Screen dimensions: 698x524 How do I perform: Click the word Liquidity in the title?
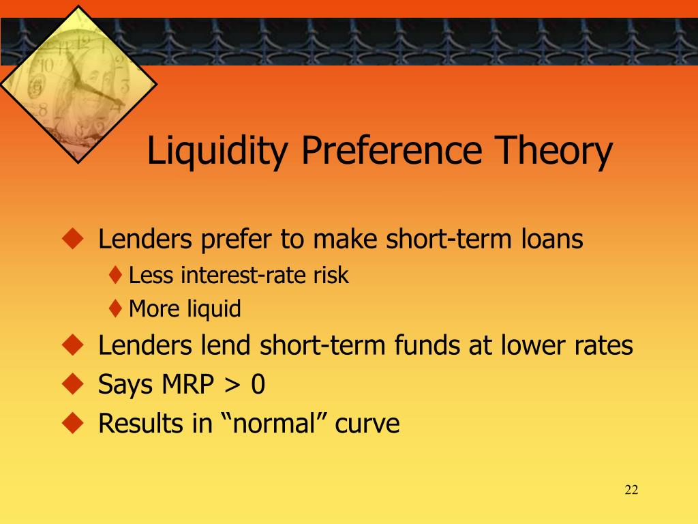pyautogui.click(x=217, y=151)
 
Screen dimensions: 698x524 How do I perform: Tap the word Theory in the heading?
pyautogui.click(x=553, y=151)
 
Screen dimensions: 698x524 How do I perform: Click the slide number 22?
pyautogui.click(x=631, y=490)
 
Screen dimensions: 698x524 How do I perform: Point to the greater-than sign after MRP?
pyautogui.click(x=232, y=385)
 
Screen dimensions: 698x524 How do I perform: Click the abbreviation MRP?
pyautogui.click(x=188, y=383)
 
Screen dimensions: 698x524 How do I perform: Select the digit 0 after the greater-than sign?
pyautogui.click(x=258, y=384)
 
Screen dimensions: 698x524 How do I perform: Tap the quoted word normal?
pyautogui.click(x=274, y=423)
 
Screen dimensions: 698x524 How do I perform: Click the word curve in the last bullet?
pyautogui.click(x=367, y=424)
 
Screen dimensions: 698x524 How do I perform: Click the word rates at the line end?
pyautogui.click(x=603, y=346)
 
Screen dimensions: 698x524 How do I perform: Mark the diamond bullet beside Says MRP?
pyautogui.click(x=73, y=384)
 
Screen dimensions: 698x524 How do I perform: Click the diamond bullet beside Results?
pyautogui.click(x=73, y=423)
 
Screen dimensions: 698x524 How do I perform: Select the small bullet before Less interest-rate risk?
pyautogui.click(x=115, y=275)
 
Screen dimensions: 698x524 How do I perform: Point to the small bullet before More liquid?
pyautogui.click(x=115, y=308)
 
